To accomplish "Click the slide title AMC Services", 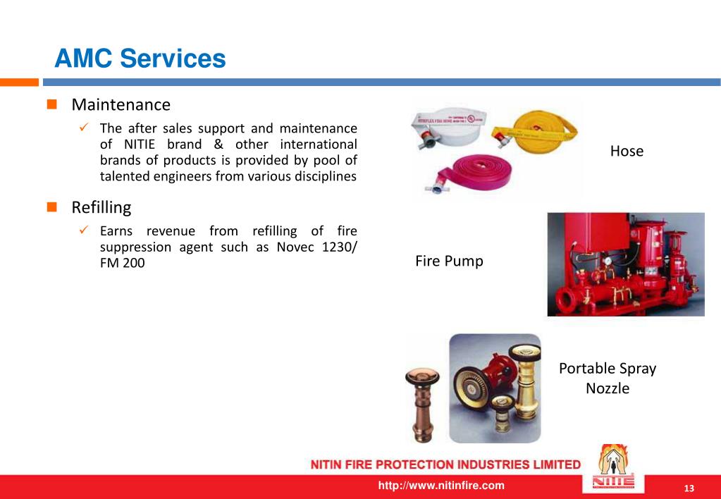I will coord(140,58).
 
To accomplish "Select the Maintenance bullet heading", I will coord(121,105).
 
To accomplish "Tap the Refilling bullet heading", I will coord(101,208).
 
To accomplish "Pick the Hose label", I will coord(627,152).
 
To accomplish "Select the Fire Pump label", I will coord(449,261).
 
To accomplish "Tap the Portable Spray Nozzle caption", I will coord(607,378).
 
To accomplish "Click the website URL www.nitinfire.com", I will coord(441,486).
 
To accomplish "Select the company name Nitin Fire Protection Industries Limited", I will coord(445,464).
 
